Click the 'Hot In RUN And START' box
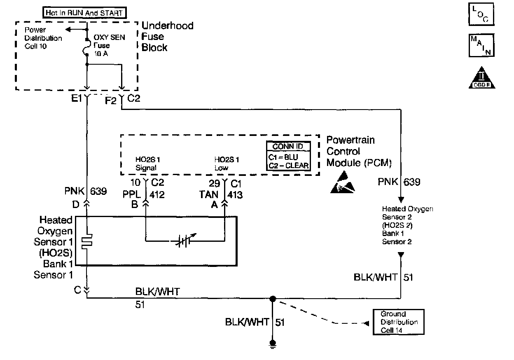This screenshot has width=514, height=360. click(85, 13)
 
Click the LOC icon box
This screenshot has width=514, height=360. click(481, 15)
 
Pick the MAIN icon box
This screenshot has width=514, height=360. click(481, 46)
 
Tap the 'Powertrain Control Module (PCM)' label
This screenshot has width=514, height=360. click(358, 151)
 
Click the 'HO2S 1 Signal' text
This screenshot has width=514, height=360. click(146, 164)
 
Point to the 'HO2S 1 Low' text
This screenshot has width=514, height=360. click(227, 164)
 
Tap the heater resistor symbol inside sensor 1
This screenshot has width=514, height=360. click(87, 242)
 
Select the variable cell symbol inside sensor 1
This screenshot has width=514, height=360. click(184, 240)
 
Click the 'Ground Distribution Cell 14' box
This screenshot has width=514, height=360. click(398, 322)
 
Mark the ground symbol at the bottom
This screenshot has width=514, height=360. click(272, 343)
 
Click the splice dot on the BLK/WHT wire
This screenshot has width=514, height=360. click(272, 298)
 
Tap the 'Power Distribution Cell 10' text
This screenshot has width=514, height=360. click(43, 38)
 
